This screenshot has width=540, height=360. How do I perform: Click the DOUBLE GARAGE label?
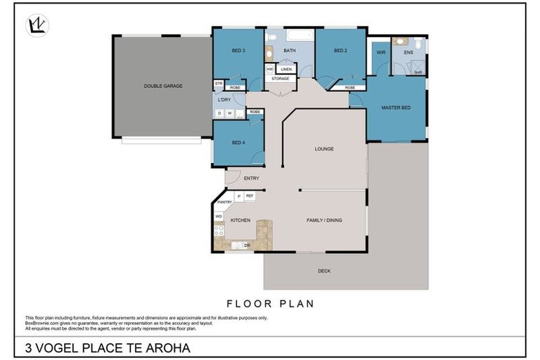tap(163, 86)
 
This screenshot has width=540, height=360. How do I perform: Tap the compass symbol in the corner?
tap(37, 25)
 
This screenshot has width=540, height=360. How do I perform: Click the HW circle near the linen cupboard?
tap(270, 69)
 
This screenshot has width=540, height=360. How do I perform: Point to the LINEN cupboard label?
tap(285, 69)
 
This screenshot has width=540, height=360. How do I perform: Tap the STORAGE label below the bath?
tap(281, 78)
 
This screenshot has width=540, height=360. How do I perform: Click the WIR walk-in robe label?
tap(380, 52)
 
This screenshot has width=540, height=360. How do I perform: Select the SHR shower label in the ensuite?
tap(417, 72)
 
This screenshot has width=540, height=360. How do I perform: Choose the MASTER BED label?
tap(396, 108)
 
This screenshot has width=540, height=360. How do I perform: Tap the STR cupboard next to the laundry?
tap(219, 84)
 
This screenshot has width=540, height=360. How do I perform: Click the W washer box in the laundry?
tap(229, 112)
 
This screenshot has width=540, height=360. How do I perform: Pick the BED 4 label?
tap(238, 143)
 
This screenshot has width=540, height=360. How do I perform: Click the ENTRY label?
tap(251, 178)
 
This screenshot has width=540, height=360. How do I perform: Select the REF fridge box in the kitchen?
tap(249, 196)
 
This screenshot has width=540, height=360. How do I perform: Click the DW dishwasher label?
tap(247, 245)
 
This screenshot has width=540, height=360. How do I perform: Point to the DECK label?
tap(323, 271)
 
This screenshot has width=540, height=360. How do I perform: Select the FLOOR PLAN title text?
tap(270, 304)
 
